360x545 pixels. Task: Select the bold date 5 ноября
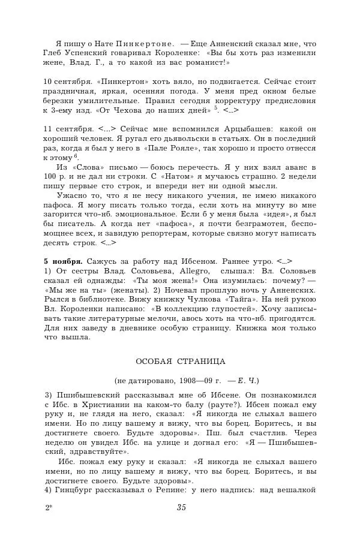64,261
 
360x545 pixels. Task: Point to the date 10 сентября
66,81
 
